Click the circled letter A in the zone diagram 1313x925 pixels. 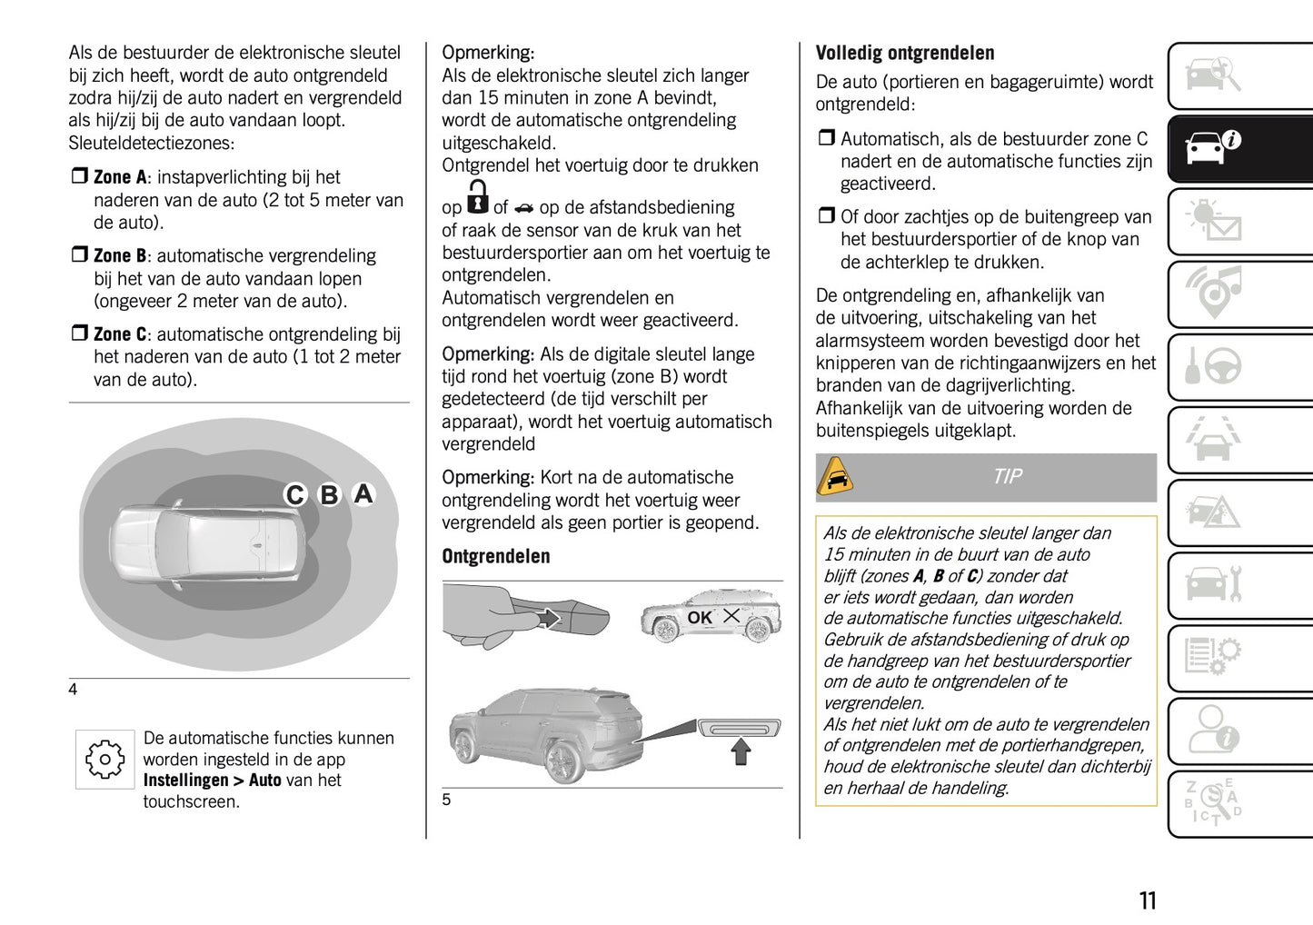point(363,493)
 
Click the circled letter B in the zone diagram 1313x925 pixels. point(329,495)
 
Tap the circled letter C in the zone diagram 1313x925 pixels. point(295,495)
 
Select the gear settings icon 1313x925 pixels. point(104,759)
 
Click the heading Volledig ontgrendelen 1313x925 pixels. point(904,53)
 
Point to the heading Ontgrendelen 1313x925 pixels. point(495,556)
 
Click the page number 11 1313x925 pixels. point(1148,900)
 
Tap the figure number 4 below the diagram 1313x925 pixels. point(73,690)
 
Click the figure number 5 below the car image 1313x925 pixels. point(446,800)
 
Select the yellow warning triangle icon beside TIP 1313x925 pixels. point(835,477)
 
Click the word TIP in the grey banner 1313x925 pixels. point(1007,477)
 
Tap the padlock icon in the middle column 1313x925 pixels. point(477,197)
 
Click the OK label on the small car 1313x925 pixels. point(699,618)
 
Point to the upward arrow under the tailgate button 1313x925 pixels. point(741,751)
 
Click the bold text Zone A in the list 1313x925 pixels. point(120,178)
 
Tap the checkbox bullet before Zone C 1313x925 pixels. point(79,334)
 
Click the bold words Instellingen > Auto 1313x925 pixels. point(212,781)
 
